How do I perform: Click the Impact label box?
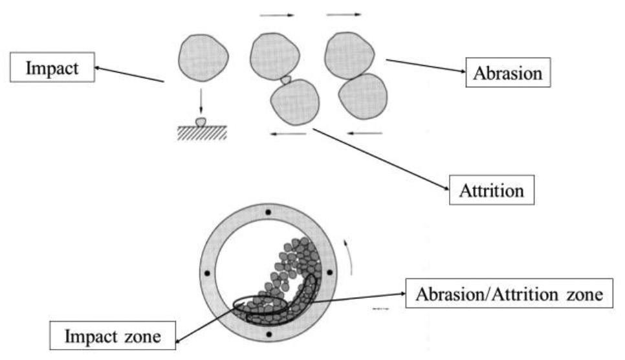tap(52, 68)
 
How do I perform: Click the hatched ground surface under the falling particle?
tap(201, 131)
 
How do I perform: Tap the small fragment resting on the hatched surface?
tap(201, 121)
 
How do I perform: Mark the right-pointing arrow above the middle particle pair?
tap(276, 14)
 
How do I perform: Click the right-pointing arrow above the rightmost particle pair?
tap(344, 12)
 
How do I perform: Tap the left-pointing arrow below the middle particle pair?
tap(288, 134)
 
